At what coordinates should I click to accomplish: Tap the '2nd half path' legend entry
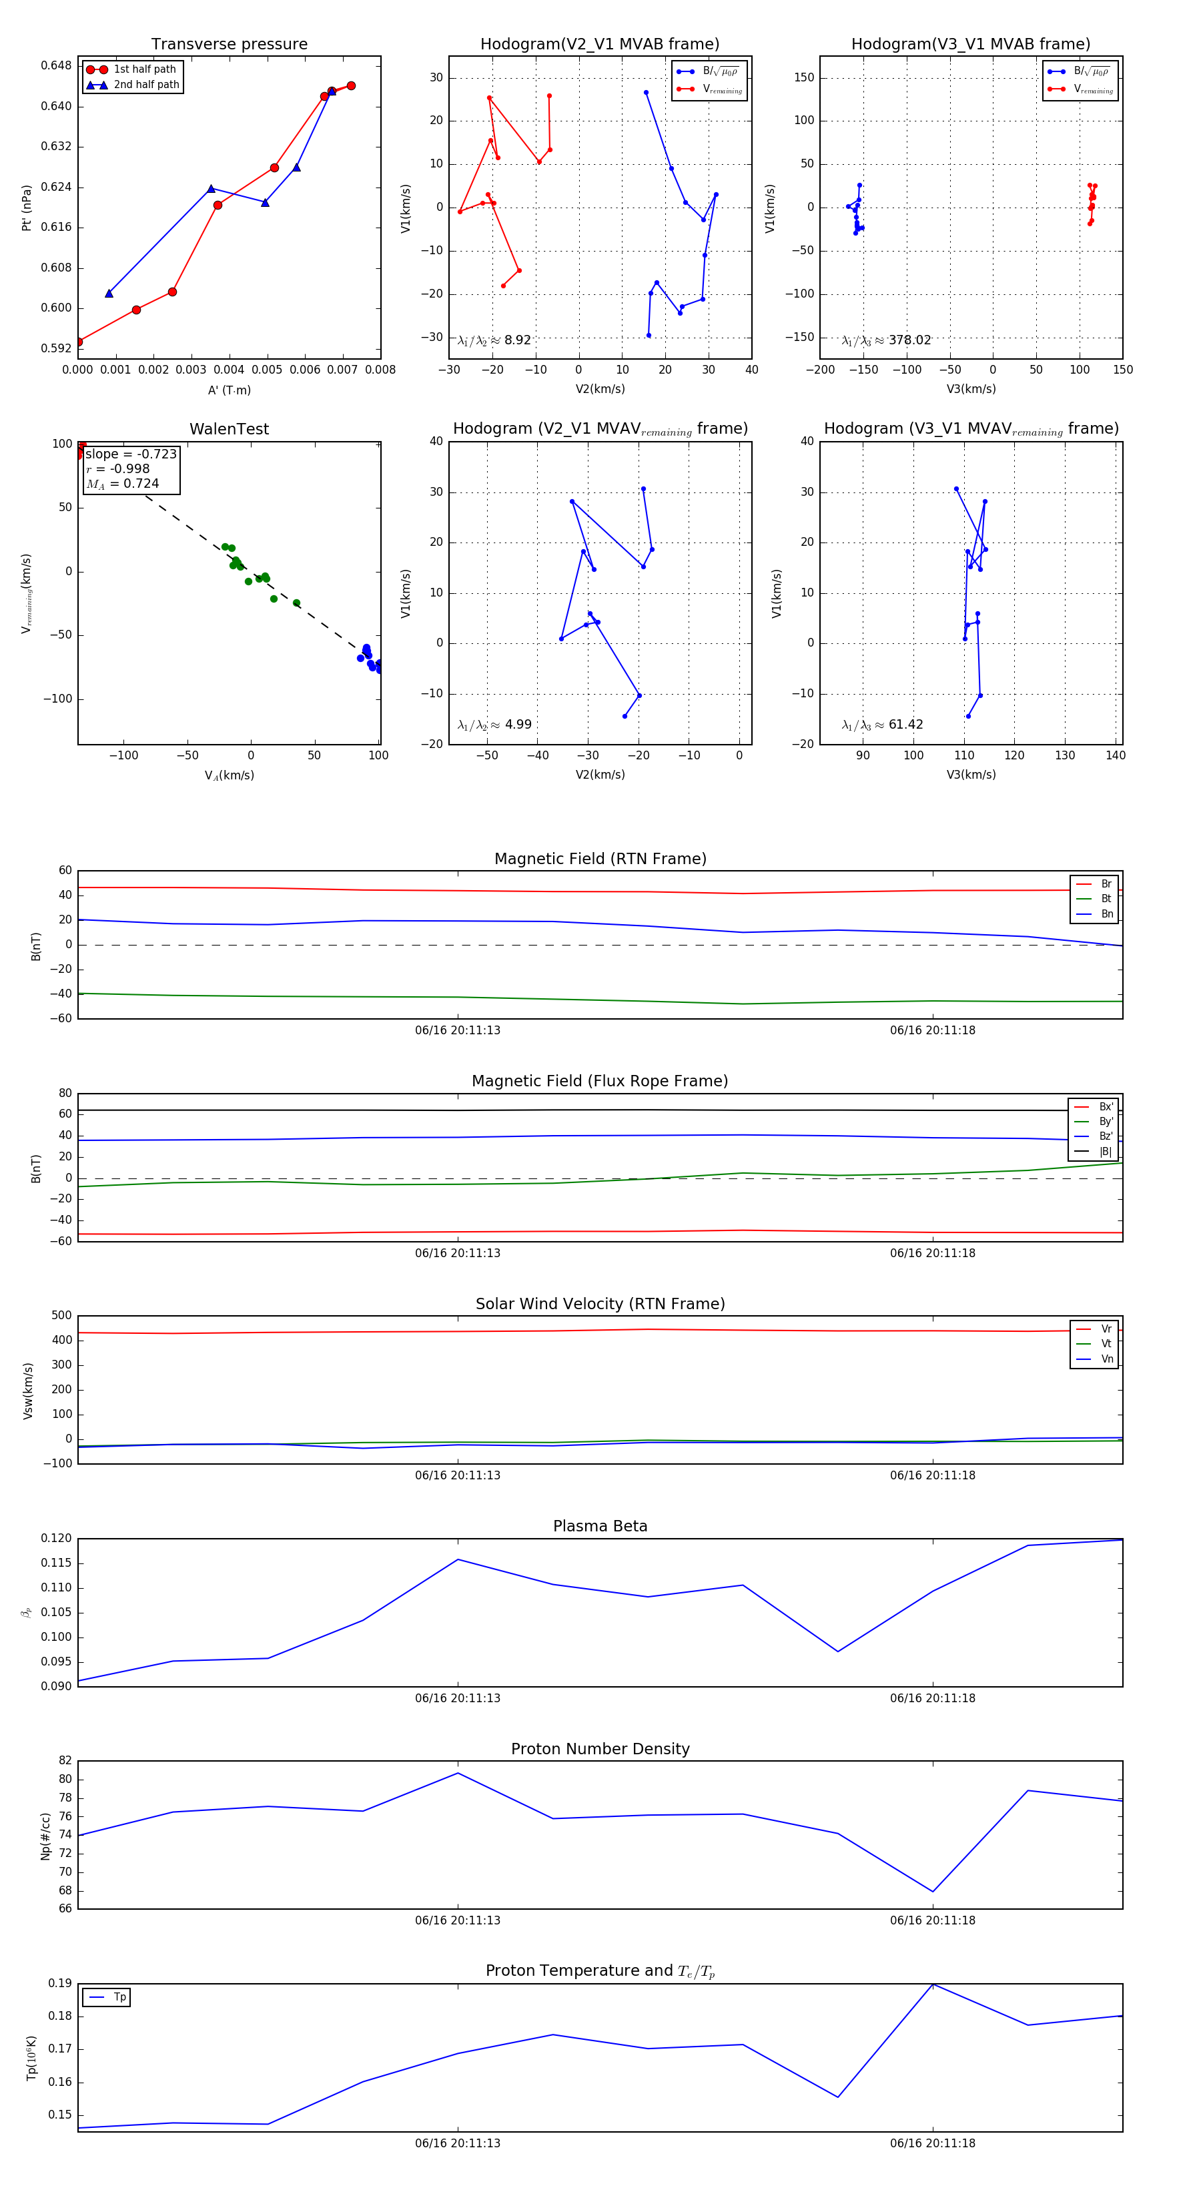[x=146, y=85]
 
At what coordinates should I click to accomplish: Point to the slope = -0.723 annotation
[x=131, y=454]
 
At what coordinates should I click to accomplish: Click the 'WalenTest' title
[x=229, y=429]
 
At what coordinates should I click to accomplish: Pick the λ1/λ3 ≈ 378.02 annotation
[x=887, y=340]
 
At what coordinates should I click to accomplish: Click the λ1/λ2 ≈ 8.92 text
[x=494, y=340]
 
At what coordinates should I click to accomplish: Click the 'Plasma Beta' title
[x=600, y=1527]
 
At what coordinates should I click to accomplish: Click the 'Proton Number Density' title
[x=600, y=1749]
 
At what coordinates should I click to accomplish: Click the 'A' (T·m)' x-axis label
[x=229, y=390]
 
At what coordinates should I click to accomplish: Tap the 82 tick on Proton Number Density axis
[x=65, y=1761]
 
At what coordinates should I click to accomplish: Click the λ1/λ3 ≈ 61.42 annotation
[x=882, y=725]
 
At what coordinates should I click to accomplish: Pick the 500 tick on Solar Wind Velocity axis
[x=61, y=1316]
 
